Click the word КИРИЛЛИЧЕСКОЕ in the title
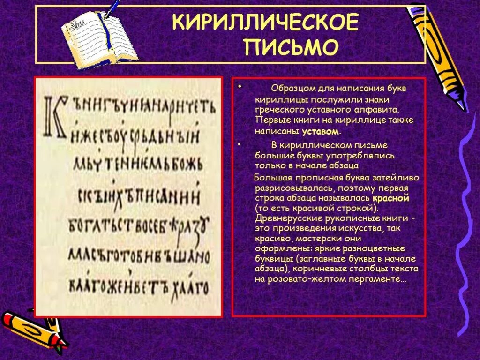[265, 22]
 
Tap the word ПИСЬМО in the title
[291, 47]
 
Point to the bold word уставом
[320, 132]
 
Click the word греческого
[279, 110]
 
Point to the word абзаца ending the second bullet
[345, 165]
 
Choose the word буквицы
[272, 258]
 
